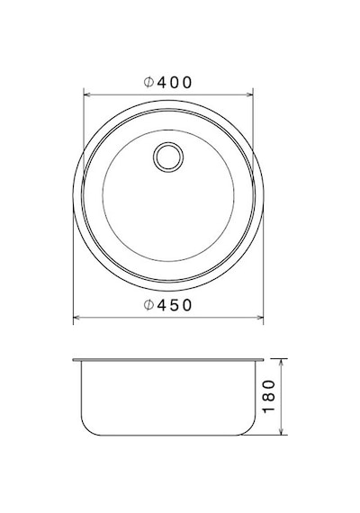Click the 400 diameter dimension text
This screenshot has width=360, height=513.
coord(167,83)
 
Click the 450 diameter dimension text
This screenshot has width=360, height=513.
coord(167,305)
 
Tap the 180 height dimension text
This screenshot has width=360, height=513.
coord(269,396)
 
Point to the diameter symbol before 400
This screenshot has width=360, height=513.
coord(148,83)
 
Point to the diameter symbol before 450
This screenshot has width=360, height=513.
coord(148,305)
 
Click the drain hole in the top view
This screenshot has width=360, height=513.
coord(168,157)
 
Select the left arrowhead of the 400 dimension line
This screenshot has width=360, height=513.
coord(87,94)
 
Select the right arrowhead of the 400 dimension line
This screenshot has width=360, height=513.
coord(249,94)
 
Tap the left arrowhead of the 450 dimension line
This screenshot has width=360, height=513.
coord(76,318)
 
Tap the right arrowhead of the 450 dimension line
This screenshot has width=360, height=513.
coord(259,318)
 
